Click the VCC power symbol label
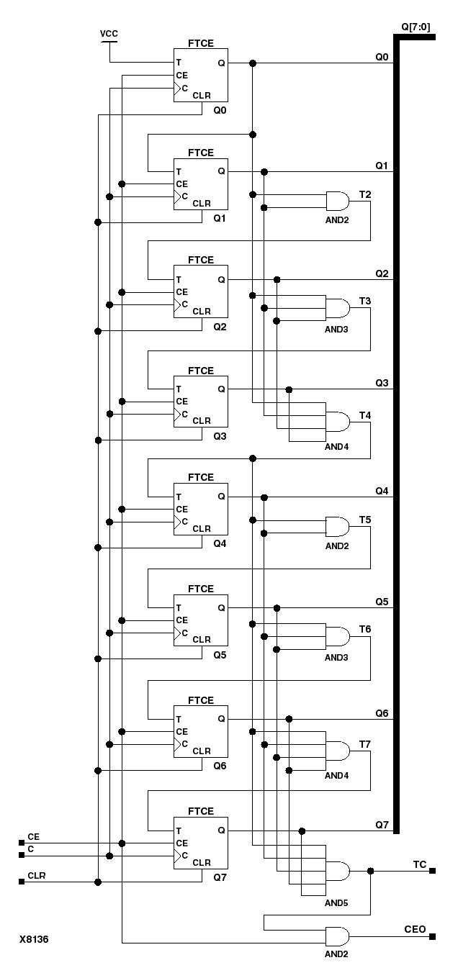tap(109, 34)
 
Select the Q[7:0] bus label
tap(417, 26)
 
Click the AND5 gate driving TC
tap(337, 871)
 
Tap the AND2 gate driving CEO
tap(337, 936)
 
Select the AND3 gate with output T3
tap(337, 309)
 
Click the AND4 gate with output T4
tap(337, 422)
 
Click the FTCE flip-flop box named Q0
tap(200, 76)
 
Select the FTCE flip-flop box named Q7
tap(200, 843)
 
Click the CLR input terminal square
tap(22, 882)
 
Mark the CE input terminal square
tap(22, 843)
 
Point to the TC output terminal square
tap(433, 871)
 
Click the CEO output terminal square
tap(433, 936)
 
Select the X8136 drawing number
tap(34, 939)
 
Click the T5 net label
tap(365, 520)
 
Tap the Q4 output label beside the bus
tap(382, 491)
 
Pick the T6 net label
tap(365, 629)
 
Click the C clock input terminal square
tap(22, 856)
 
